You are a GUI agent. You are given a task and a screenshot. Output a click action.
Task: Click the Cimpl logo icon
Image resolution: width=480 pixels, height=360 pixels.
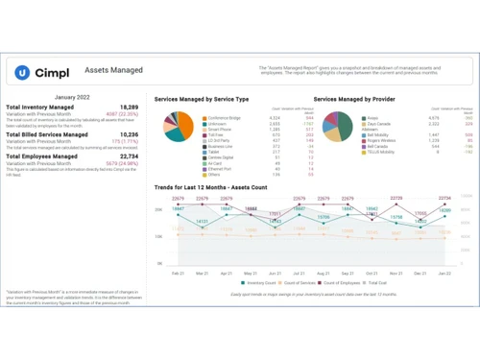22,72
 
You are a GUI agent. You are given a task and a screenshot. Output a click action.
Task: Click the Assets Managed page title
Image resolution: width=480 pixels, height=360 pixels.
113,71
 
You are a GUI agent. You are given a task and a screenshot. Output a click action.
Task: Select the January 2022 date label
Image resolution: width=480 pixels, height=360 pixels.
72,97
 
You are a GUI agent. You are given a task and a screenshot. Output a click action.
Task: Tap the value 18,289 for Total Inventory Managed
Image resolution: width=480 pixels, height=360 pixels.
129,108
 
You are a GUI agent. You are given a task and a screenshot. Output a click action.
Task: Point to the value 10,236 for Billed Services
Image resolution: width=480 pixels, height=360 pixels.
129,135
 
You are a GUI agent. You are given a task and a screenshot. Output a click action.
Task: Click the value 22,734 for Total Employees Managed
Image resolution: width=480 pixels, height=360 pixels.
129,156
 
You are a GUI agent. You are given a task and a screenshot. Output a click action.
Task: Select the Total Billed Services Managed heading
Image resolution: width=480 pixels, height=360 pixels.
47,135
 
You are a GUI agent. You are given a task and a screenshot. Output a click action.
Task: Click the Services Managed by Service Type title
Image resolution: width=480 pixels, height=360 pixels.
201,99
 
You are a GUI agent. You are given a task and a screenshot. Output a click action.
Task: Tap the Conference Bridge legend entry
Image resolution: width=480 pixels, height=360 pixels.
224,118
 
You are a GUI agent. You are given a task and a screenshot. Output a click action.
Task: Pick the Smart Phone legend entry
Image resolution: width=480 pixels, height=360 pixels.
220,130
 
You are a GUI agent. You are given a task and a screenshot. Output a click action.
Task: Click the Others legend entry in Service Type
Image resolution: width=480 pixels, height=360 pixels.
214,175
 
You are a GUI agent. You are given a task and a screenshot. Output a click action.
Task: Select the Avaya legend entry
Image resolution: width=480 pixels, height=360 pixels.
372,118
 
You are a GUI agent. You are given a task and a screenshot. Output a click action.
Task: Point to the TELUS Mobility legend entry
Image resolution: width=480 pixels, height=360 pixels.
383,152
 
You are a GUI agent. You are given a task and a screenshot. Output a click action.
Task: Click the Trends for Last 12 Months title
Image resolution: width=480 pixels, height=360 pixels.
211,187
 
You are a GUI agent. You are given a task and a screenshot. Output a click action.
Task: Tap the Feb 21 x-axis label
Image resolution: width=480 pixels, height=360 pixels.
178,273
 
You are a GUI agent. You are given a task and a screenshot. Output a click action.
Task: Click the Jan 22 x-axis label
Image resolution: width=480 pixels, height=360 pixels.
444,273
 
